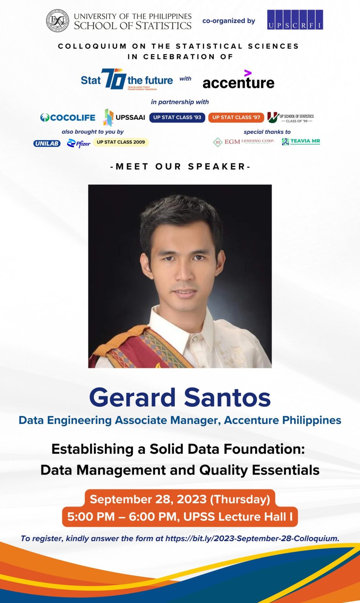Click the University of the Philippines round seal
58,21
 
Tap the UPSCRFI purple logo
295,20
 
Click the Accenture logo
238,81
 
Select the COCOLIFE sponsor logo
68,118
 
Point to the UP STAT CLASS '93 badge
177,118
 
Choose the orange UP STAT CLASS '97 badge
236,118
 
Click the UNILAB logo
47,144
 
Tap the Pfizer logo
79,143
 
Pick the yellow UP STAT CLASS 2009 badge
121,142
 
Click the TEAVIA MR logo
301,141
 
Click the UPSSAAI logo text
130,118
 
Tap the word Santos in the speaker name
227,398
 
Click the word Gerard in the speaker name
133,398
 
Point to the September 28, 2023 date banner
180,499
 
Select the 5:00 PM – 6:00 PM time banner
180,517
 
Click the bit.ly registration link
252,539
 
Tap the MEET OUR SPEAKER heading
180,167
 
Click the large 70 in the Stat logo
113,79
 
